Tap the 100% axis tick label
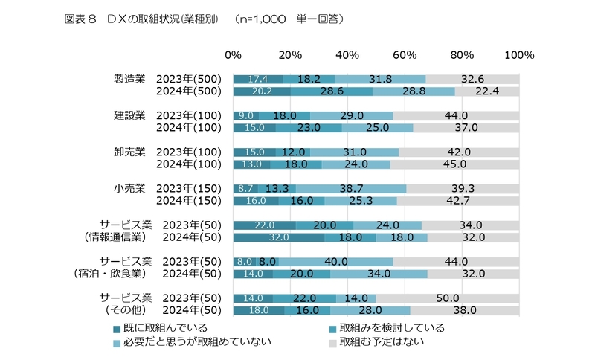[518, 55]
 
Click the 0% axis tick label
[233, 55]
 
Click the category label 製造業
[129, 78]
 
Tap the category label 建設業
[129, 115]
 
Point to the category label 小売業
[129, 187]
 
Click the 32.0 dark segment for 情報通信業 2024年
[279, 237]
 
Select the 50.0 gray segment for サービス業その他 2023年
[448, 298]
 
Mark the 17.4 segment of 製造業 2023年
[257, 79]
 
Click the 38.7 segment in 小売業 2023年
[351, 188]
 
